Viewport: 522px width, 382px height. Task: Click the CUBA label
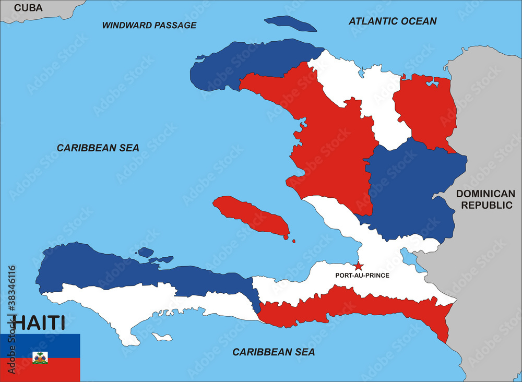[28, 7]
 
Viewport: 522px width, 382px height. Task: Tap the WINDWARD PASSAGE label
[149, 25]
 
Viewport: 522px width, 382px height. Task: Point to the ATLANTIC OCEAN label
[393, 21]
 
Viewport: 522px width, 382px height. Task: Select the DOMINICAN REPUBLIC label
[485, 199]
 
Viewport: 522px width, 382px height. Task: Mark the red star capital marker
[358, 266]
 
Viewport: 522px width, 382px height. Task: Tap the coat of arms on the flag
[40, 357]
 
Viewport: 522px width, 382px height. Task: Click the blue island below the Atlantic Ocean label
[290, 23]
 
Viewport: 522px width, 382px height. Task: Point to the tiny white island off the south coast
[162, 337]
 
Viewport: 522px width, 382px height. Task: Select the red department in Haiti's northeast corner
[425, 110]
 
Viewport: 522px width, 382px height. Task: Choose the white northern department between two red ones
[365, 89]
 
